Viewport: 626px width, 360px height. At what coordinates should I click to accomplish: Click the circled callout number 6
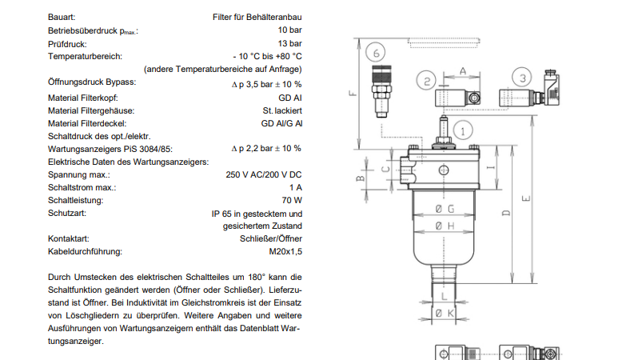point(376,52)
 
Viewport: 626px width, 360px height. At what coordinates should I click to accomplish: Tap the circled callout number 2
point(426,81)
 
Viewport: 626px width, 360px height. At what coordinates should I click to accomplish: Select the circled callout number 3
point(522,78)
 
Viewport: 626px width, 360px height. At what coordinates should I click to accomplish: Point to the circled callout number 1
point(463,130)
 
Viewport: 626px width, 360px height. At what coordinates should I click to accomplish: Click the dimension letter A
point(462,71)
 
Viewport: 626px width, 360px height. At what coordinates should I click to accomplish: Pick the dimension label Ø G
point(445,209)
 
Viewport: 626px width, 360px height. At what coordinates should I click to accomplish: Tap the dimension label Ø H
point(445,226)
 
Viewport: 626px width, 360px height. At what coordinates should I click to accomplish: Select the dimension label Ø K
point(445,314)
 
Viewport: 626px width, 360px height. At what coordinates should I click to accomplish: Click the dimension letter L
point(444,296)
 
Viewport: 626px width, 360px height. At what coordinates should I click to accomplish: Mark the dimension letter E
point(526,198)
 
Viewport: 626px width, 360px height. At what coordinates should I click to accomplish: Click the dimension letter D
point(506,213)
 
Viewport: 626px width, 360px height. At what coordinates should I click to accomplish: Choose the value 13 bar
point(290,43)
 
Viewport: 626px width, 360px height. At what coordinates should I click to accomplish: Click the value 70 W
point(292,200)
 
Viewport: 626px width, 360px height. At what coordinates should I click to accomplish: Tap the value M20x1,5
point(285,251)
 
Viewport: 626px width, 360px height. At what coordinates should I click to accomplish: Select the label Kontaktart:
point(69,238)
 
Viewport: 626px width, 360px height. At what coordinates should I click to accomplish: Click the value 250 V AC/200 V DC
point(264,174)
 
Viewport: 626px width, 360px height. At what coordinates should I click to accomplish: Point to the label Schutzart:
point(67,213)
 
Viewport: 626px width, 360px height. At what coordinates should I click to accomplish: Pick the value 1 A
point(296,187)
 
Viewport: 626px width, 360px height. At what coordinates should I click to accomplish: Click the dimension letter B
point(360,178)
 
